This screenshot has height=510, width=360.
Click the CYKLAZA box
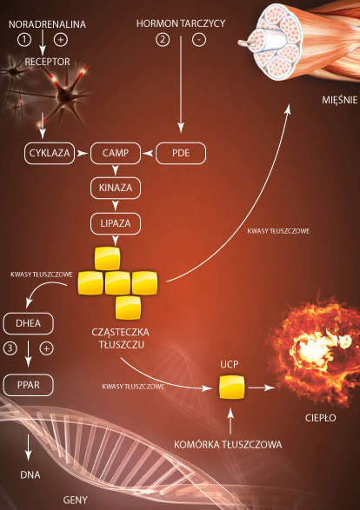pos(50,153)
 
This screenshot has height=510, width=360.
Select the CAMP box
pos(116,153)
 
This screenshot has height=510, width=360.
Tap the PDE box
pos(181,153)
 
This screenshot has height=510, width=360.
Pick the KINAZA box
pos(116,188)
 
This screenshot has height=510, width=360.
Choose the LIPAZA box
pos(116,223)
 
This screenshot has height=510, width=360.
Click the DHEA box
pos(29,323)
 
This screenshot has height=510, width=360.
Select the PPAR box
pos(29,385)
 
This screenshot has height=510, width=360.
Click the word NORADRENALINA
pos(47,24)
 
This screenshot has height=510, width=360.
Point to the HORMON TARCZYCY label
pos(181,23)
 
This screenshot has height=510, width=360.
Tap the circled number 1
pos(24,40)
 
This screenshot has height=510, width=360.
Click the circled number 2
pos(163,40)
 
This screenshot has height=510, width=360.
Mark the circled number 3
pos(10,348)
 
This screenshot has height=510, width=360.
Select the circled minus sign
pos(199,40)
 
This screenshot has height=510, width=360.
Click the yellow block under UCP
pos(232,387)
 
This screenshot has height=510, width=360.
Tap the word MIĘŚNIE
pos(340,100)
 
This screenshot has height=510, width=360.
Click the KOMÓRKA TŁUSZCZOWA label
pos(228,444)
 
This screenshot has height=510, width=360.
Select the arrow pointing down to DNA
pos(29,447)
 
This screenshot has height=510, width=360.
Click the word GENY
pos(75,500)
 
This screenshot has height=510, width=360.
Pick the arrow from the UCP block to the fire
pos(262,387)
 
